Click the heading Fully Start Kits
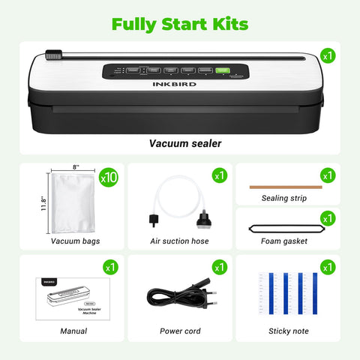pyautogui.click(x=179, y=24)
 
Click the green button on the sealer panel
pyautogui.click(x=222, y=71)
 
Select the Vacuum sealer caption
pyautogui.click(x=179, y=142)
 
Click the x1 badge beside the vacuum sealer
pyautogui.click(x=327, y=55)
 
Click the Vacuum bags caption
pyautogui.click(x=75, y=241)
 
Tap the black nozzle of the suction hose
pyautogui.click(x=200, y=219)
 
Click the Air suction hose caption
pyautogui.click(x=180, y=241)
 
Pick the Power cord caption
pyautogui.click(x=180, y=331)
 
